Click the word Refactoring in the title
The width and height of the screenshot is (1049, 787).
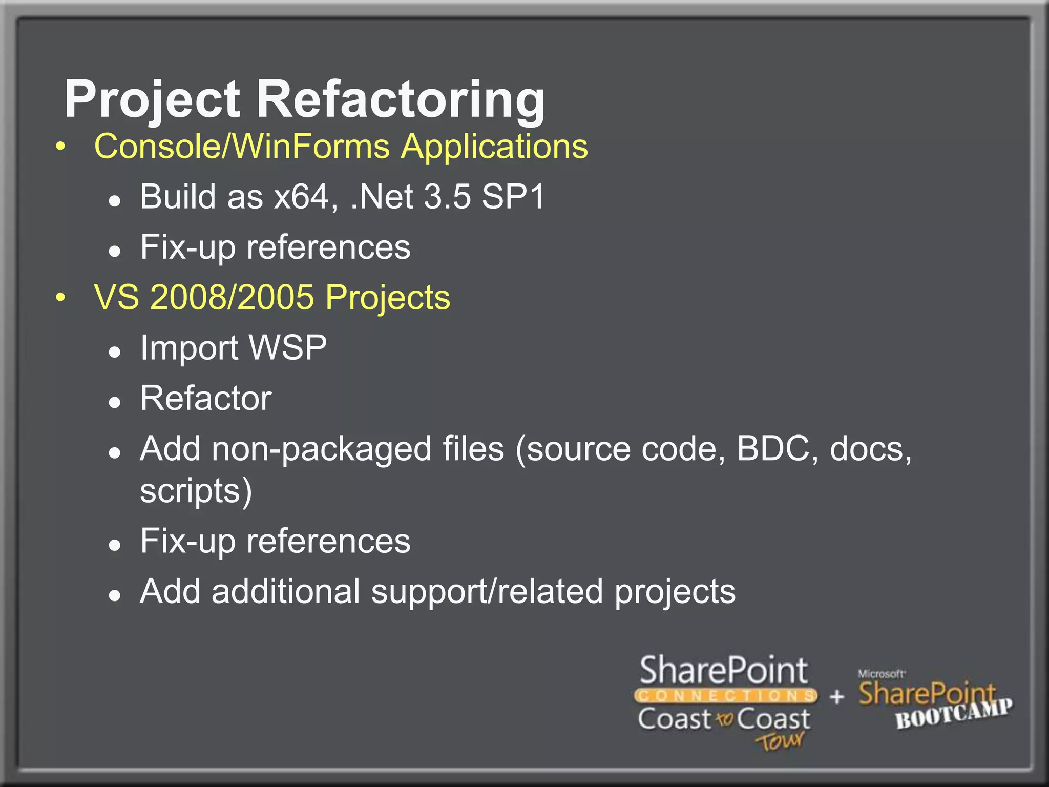[401, 99]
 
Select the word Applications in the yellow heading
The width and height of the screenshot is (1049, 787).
[494, 147]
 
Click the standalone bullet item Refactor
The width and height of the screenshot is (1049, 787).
[206, 398]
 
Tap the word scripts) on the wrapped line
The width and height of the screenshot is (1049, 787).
[196, 491]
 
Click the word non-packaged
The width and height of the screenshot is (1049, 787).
[321, 449]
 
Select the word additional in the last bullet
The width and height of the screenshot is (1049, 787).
[286, 591]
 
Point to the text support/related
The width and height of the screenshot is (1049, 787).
[487, 591]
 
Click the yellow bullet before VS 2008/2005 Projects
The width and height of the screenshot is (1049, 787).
[61, 297]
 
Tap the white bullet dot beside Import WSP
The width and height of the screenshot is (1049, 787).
[115, 352]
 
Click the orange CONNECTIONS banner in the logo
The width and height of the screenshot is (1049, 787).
[726, 695]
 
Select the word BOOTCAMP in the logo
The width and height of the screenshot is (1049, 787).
[954, 713]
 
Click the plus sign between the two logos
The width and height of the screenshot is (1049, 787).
[837, 696]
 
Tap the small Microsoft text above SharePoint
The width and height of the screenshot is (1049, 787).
[881, 674]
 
